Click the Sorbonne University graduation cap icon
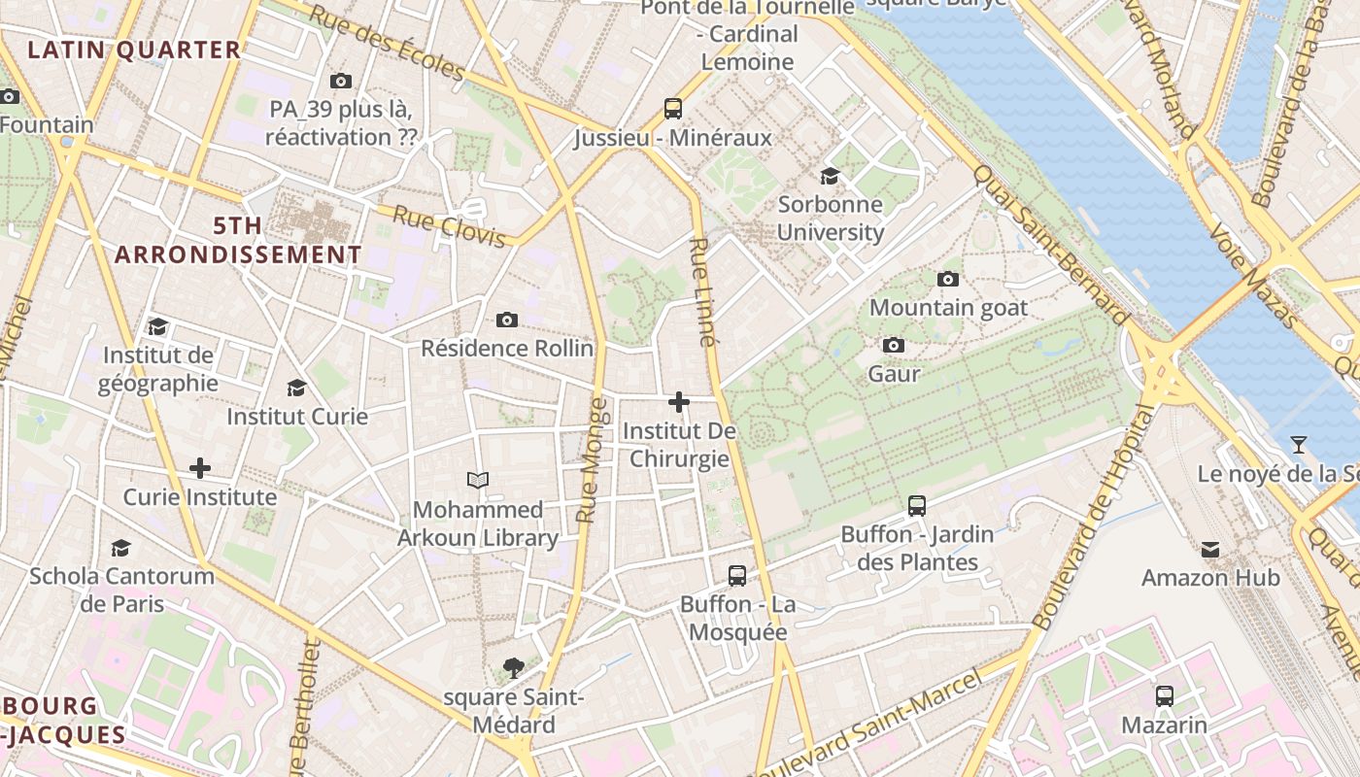[x=830, y=176]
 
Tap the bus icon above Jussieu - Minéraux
[x=673, y=108]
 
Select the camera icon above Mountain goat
[x=948, y=279]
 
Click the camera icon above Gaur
[x=894, y=345]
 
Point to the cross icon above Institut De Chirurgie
[x=679, y=401]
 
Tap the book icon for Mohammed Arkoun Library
[x=477, y=480]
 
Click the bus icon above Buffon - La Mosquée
[x=737, y=575]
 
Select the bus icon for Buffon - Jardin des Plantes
[x=917, y=505]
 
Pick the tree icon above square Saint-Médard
[x=514, y=667]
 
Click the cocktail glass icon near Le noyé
[x=1298, y=445]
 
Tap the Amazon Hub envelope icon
[x=1210, y=550]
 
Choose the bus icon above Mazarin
[x=1164, y=695]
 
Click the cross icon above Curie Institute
[x=199, y=468]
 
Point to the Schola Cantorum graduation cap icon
[x=120, y=548]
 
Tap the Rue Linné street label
[x=703, y=291]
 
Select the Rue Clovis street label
[x=450, y=224]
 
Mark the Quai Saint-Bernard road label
[x=1053, y=244]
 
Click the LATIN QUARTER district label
[x=134, y=51]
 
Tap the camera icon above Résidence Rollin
[x=506, y=320]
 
